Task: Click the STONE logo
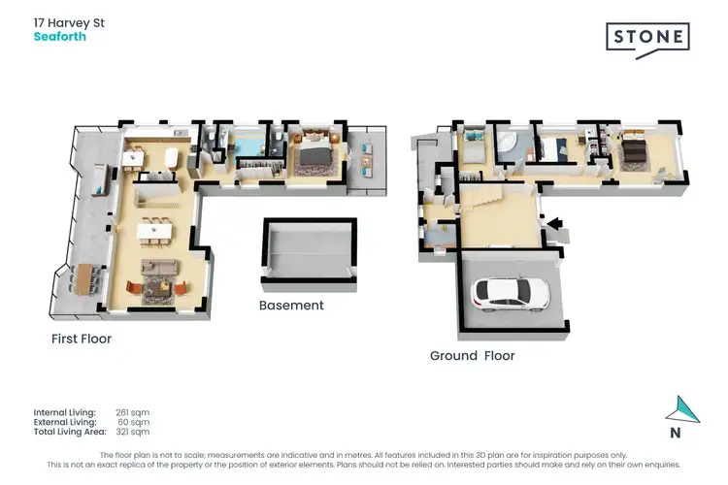[647, 39]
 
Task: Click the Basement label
[291, 306]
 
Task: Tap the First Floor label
[82, 339]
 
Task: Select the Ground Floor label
[472, 356]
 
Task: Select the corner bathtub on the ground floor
[508, 146]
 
